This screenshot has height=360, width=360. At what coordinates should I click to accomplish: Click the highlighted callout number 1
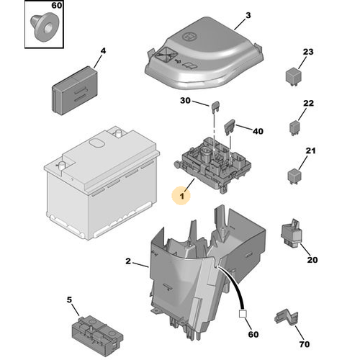tap(182, 196)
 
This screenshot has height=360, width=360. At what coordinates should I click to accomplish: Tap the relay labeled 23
tap(293, 76)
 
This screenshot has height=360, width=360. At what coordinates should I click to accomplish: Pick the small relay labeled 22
tap(294, 128)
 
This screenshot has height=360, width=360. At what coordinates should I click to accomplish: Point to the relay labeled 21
tap(294, 176)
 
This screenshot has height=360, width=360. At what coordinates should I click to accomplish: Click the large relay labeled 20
tap(290, 233)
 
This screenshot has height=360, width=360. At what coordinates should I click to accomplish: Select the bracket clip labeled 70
tap(287, 318)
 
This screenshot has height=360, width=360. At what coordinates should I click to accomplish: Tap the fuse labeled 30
tap(215, 107)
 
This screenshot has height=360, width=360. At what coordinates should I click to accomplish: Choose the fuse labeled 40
tap(230, 127)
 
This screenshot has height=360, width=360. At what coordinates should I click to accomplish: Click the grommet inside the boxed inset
tap(43, 28)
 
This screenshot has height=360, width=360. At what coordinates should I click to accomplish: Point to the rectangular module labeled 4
tap(75, 90)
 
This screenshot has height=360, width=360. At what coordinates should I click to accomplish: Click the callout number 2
tap(128, 261)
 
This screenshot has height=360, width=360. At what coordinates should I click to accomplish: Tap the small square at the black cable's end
tap(243, 314)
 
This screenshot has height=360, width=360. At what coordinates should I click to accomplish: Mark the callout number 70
tap(305, 344)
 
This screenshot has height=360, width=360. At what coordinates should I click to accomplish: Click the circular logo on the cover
tap(189, 36)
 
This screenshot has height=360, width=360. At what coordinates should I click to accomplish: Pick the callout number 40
tap(258, 131)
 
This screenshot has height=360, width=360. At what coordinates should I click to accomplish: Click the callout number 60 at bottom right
tap(253, 334)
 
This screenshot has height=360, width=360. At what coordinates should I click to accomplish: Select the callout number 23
tap(308, 52)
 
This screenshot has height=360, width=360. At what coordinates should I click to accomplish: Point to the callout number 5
tap(69, 300)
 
